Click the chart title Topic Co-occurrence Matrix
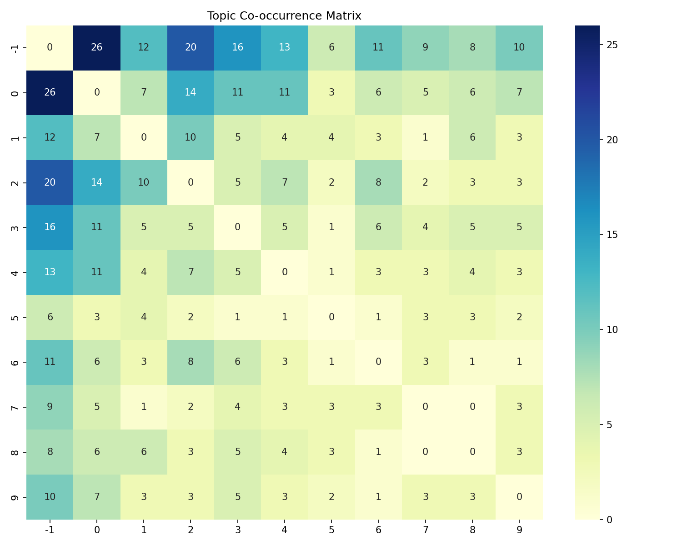pos(284,16)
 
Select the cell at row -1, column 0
pos(97,48)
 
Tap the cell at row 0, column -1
pos(50,92)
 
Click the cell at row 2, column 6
pos(378,182)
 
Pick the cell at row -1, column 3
pos(237,48)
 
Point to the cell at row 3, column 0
pos(97,227)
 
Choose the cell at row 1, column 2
pos(191,137)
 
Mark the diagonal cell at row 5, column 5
pos(331,317)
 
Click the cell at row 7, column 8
pos(472,407)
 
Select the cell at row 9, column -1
pos(50,497)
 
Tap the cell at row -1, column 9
pos(519,48)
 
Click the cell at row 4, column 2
pos(191,272)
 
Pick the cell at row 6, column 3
pos(237,362)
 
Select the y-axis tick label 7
pos(15,407)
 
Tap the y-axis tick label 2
pos(15,182)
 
